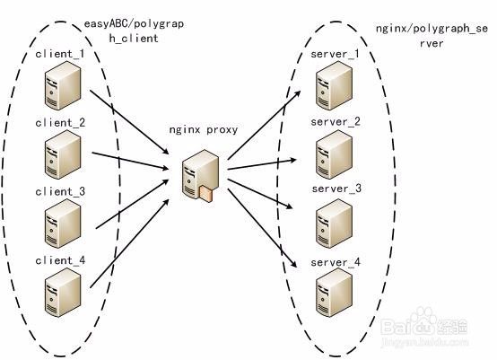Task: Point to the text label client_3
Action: click(x=61, y=191)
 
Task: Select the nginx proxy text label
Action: click(x=204, y=129)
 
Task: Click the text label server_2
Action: click(x=336, y=121)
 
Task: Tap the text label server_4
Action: click(x=336, y=262)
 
